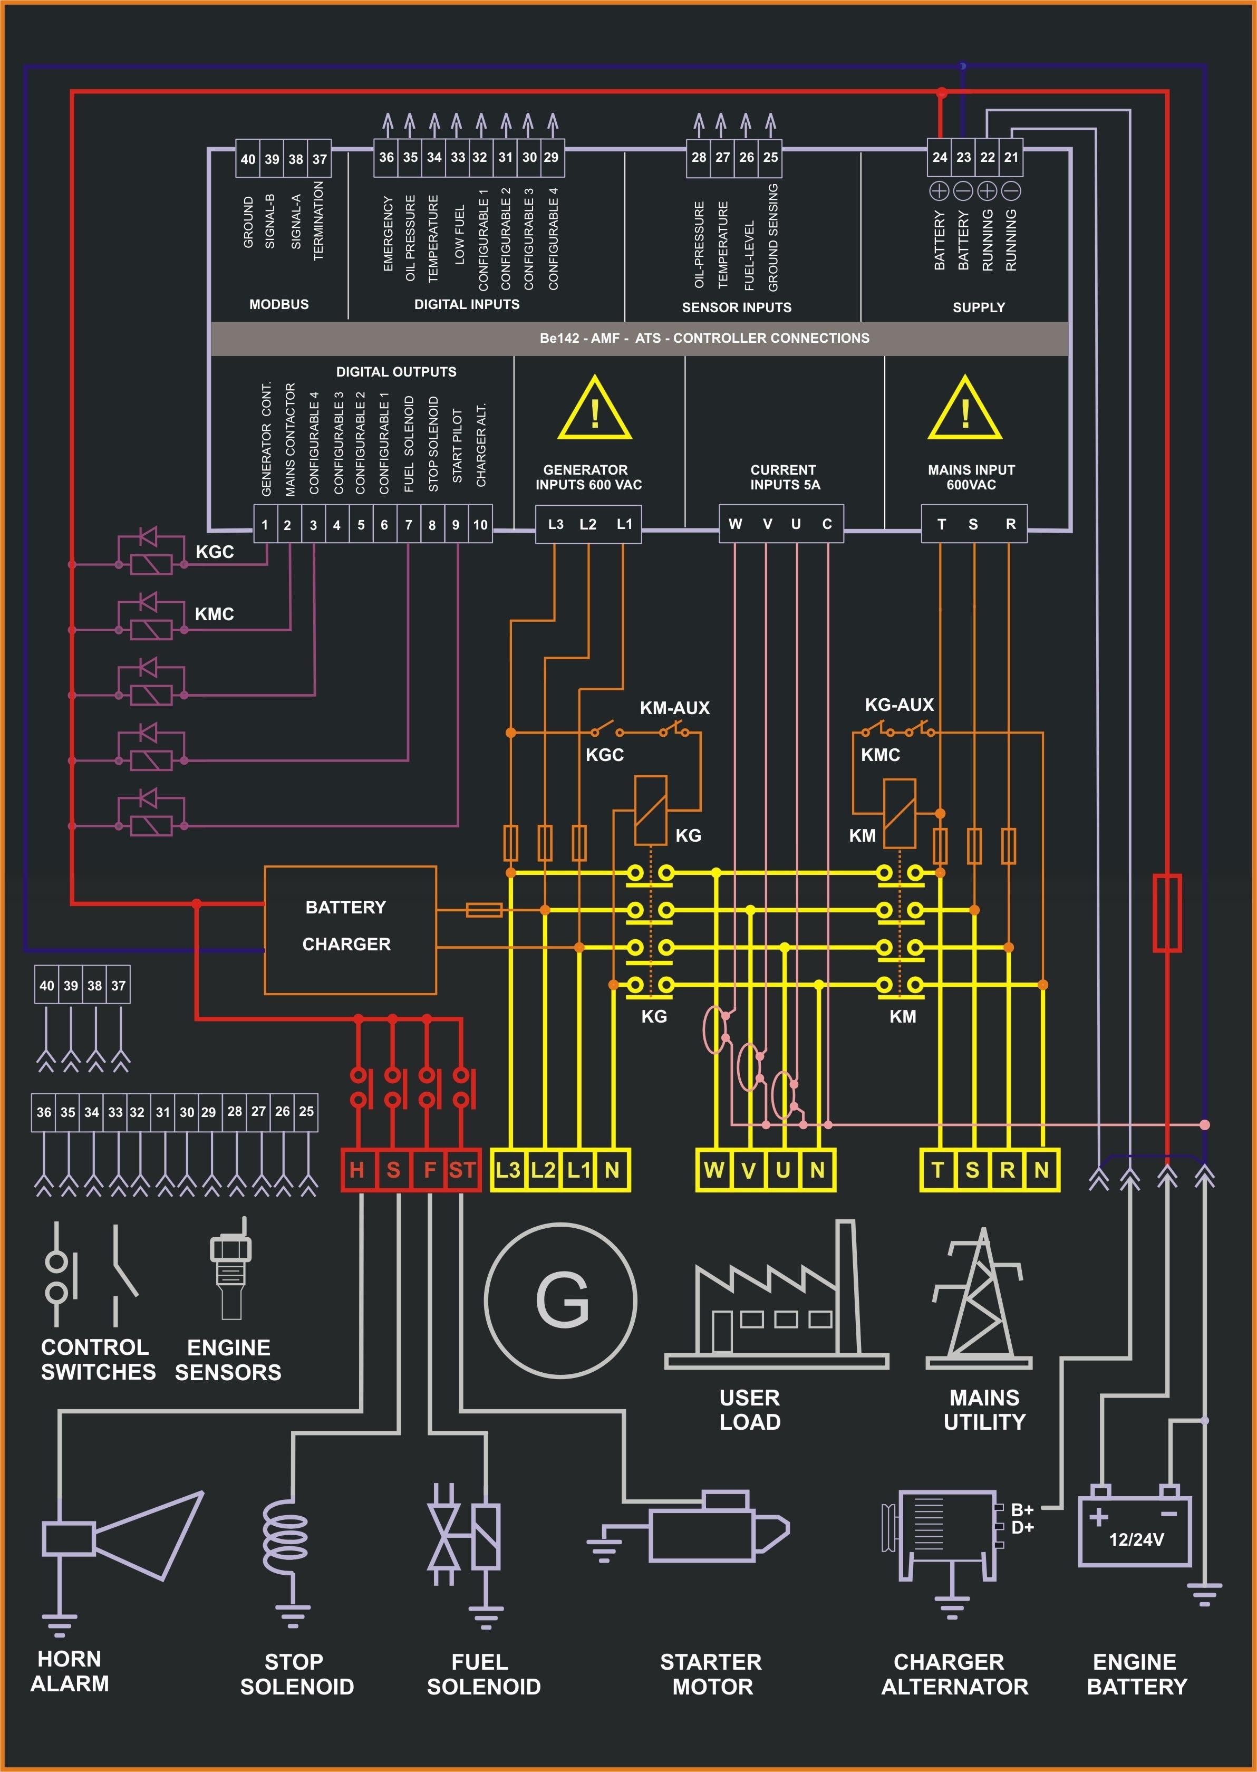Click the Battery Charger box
tap(350, 929)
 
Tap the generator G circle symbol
tap(560, 1301)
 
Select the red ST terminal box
tap(462, 1170)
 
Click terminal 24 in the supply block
tap(939, 157)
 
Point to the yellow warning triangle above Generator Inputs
tap(594, 410)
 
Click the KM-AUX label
tap(674, 708)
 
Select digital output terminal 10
tap(480, 525)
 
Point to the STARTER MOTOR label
tap(711, 1674)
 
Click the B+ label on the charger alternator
tap(1022, 1509)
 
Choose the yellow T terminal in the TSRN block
tap(937, 1170)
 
